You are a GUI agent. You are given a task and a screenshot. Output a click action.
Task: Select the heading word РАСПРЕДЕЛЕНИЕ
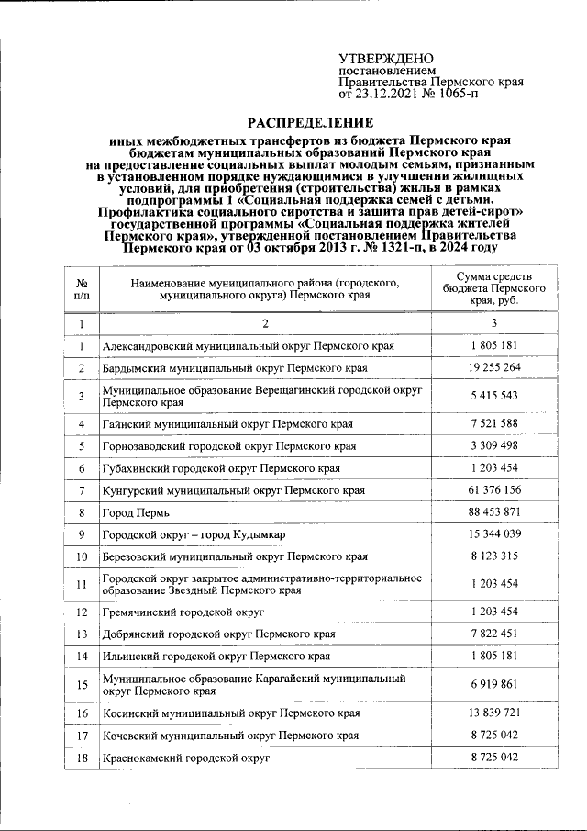pos(310,123)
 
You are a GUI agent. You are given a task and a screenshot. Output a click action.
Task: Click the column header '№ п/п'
pos(82,288)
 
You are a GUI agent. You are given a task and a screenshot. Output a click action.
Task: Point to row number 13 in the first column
pos(82,634)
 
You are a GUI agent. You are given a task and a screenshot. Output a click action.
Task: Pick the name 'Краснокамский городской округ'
pos(186,758)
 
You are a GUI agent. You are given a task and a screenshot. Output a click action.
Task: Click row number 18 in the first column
pos(82,758)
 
